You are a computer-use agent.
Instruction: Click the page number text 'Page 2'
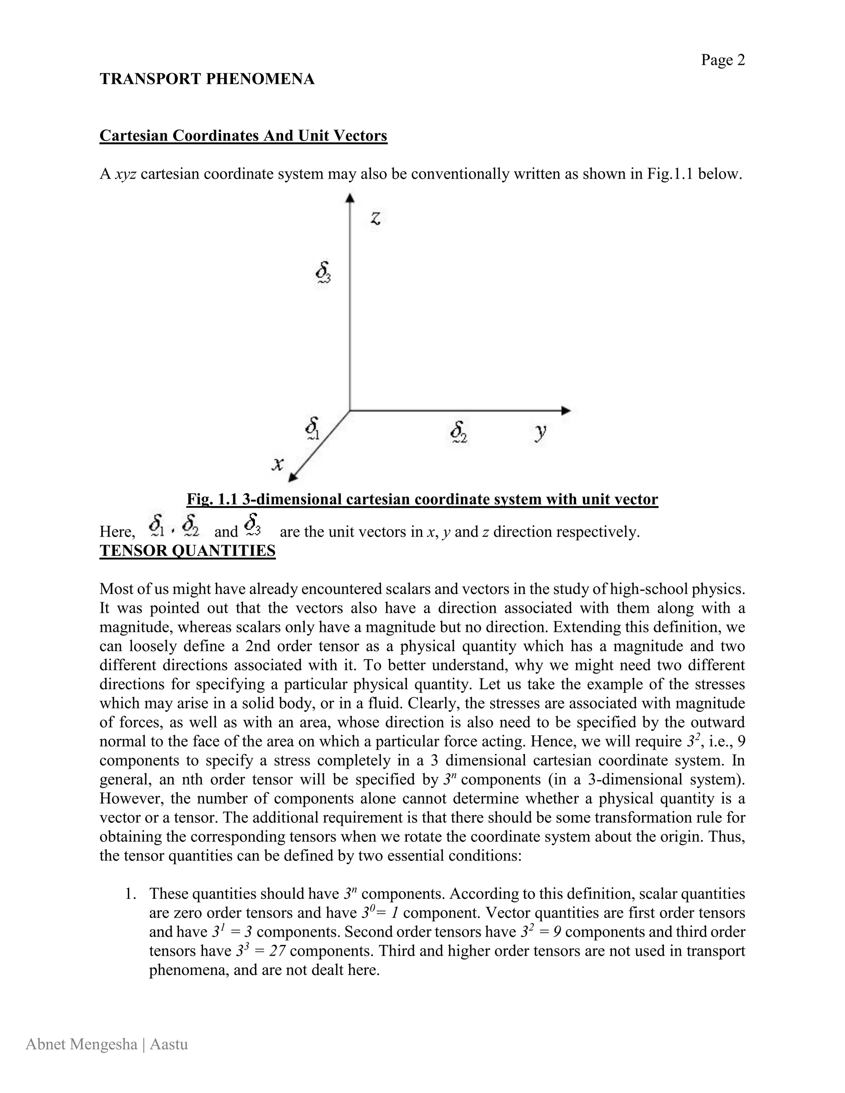pyautogui.click(x=722, y=60)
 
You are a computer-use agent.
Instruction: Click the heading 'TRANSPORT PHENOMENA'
pyautogui.click(x=207, y=79)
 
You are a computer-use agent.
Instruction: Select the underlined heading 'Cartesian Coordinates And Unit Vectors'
pyautogui.click(x=243, y=136)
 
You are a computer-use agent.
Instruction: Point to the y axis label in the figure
pyautogui.click(x=540, y=431)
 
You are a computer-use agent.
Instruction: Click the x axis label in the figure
pyautogui.click(x=277, y=464)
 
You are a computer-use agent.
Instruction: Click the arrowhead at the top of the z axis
pyautogui.click(x=350, y=198)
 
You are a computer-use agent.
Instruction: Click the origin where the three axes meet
pyautogui.click(x=349, y=410)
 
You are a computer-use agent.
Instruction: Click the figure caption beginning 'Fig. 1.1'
pyautogui.click(x=422, y=499)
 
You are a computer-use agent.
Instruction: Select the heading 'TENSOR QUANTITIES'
pyautogui.click(x=187, y=551)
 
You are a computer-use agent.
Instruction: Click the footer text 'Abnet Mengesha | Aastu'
pyautogui.click(x=106, y=1044)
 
